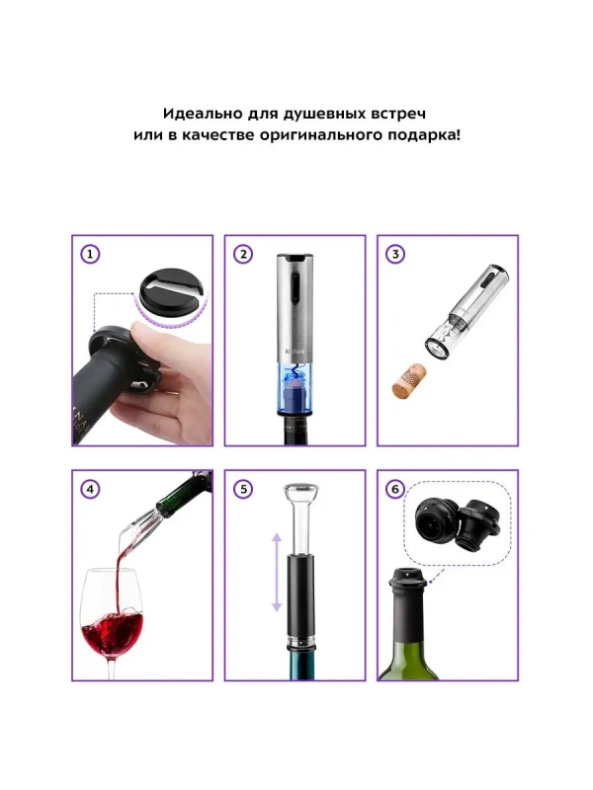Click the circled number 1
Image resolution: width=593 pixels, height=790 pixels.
pos(90,255)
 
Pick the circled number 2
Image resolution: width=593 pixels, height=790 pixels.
pos(242,255)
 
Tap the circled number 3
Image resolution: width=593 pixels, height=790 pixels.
pos(395,255)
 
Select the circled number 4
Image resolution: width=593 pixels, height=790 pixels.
pos(90,489)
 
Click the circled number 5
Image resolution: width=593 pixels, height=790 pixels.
pos(242,489)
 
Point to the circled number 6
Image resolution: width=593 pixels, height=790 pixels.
pos(395,489)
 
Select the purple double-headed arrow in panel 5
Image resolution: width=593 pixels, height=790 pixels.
pos(277,574)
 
